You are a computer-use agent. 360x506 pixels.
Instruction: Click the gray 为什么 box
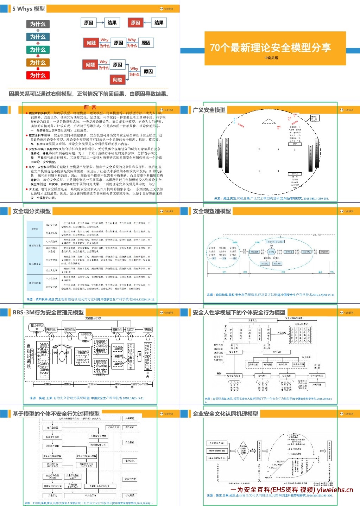[x=38, y=24]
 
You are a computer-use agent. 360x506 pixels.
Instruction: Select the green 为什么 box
[x=38, y=50]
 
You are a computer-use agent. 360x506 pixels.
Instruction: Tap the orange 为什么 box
[x=38, y=63]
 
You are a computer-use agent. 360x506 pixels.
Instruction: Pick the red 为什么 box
[x=38, y=75]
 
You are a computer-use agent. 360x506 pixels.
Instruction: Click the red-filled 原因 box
[x=135, y=23]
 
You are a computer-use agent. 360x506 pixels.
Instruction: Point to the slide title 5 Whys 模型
[x=28, y=9]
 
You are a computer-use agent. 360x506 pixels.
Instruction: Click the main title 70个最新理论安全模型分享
[x=270, y=47]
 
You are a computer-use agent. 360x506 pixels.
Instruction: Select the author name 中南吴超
[x=271, y=58]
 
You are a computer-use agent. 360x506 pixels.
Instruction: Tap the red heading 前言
[x=90, y=107]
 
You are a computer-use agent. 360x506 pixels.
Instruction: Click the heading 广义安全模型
[x=209, y=110]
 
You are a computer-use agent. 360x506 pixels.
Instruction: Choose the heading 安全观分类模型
[x=32, y=211]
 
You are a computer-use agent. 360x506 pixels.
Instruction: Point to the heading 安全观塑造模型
[x=212, y=211]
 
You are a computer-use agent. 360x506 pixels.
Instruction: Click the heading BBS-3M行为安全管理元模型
[x=48, y=313]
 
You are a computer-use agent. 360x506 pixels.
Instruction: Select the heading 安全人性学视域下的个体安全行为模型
[x=239, y=313]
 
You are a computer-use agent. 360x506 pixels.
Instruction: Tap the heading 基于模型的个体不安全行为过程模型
[x=56, y=414]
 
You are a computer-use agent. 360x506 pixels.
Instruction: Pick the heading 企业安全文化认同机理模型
[x=225, y=414]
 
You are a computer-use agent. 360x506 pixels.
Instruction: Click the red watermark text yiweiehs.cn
[x=335, y=490]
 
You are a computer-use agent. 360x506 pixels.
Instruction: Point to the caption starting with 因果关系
[x=89, y=94]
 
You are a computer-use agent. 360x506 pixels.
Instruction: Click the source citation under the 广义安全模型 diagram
[x=272, y=199]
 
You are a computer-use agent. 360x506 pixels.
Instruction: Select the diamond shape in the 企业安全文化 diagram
[x=243, y=450]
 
